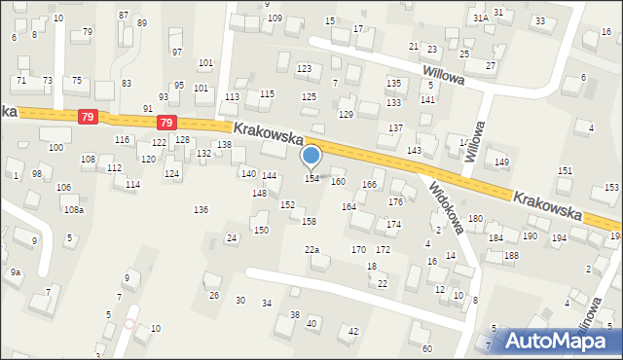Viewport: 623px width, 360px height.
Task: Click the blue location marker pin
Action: click(311, 156)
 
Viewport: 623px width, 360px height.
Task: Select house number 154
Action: click(311, 178)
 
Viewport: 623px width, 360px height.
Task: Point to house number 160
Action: click(338, 182)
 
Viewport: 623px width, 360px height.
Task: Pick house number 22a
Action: click(311, 250)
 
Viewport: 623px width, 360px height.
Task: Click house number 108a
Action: click(74, 210)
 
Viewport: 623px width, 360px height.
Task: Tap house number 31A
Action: click(480, 18)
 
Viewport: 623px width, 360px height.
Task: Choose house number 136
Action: click(201, 210)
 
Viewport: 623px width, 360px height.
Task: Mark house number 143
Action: click(414, 150)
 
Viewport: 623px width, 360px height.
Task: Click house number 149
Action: click(501, 162)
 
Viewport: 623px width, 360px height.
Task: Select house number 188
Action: click(511, 255)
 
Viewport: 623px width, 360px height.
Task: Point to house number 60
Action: click(426, 348)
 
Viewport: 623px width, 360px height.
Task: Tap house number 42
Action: click(354, 332)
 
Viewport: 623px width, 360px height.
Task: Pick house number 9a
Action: click(16, 272)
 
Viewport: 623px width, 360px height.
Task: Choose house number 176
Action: click(395, 201)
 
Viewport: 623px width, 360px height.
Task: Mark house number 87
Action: click(123, 15)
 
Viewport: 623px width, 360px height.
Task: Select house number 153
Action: click(611, 187)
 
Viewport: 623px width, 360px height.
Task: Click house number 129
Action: click(346, 115)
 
